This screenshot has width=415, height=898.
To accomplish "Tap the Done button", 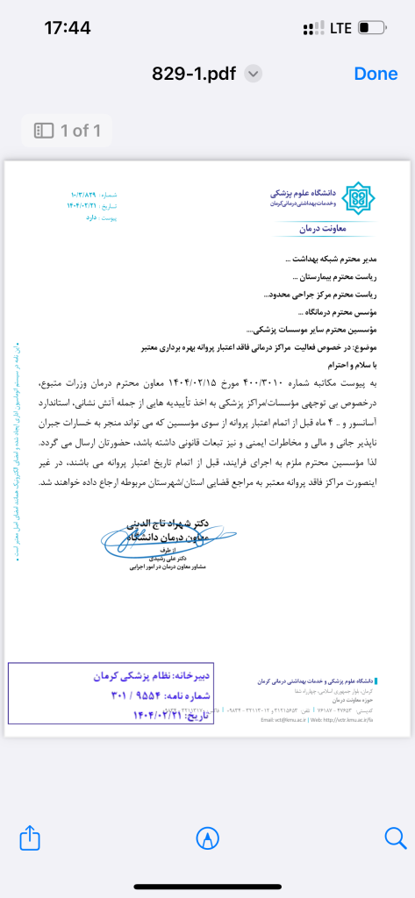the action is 376,74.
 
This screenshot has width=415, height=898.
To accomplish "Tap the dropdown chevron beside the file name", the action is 254,74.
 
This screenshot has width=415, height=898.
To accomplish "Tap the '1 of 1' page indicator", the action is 68,132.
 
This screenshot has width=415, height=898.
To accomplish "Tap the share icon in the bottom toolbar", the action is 30,838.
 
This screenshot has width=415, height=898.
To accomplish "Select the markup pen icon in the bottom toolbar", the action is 208,838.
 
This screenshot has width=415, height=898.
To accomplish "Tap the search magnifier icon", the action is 395,838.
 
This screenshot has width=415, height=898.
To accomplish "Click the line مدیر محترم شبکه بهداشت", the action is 335,260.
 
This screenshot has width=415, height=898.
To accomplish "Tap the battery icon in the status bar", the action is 371,28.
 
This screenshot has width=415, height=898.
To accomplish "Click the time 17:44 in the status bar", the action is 67,28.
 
